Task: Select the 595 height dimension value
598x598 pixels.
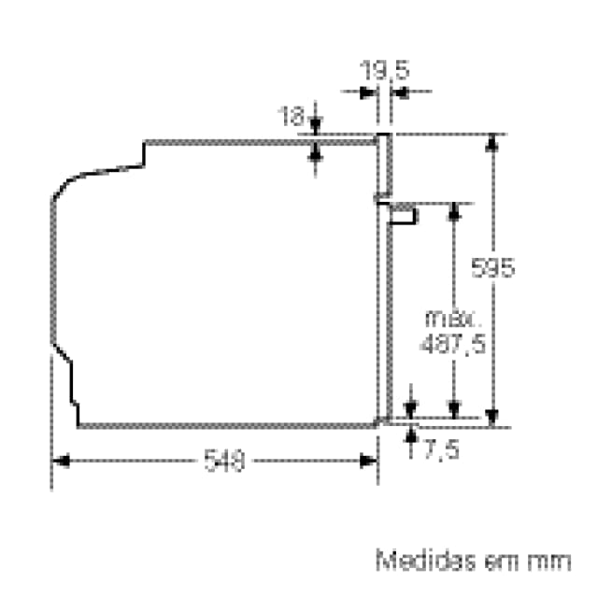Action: click(x=492, y=268)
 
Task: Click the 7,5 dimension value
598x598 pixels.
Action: click(x=441, y=449)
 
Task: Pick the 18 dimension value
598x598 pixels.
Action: click(x=292, y=117)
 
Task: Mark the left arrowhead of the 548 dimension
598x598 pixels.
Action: click(x=59, y=461)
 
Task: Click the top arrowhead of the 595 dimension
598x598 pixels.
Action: click(x=492, y=141)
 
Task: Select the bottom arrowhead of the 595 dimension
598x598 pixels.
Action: click(x=492, y=418)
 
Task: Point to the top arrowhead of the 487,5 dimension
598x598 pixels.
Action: click(x=453, y=211)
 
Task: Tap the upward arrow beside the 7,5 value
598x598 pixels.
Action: click(x=411, y=436)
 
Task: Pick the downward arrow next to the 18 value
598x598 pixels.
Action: click(x=315, y=125)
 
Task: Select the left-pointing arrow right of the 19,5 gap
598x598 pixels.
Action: click(x=398, y=92)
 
